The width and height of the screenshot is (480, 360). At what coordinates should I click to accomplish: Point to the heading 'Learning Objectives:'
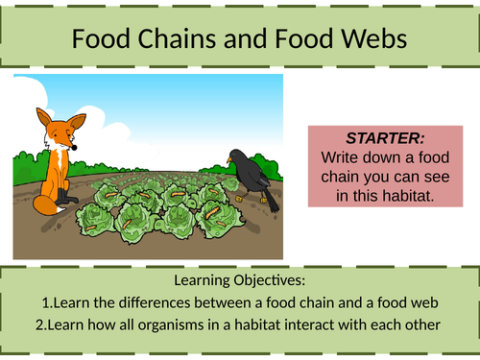[239, 280]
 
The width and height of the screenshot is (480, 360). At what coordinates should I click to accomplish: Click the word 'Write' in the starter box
[340, 155]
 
